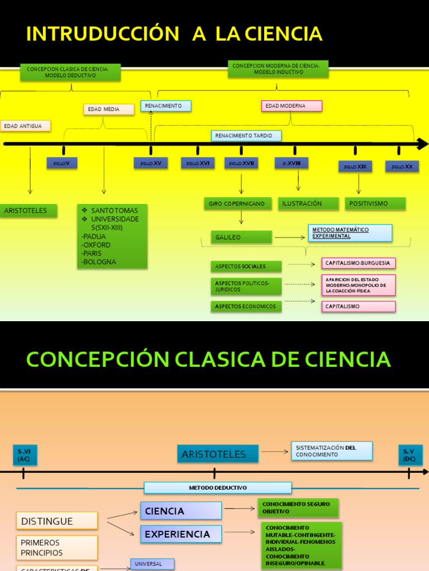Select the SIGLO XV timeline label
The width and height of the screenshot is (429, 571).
150,163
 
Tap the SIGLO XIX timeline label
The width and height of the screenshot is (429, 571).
355,166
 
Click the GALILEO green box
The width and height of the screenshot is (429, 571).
241,237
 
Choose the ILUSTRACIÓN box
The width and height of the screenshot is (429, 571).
308,204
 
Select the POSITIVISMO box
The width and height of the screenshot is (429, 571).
375,204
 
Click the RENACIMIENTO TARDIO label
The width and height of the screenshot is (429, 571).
246,136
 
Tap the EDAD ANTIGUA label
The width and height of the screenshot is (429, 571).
25,126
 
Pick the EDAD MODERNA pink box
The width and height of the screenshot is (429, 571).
292,106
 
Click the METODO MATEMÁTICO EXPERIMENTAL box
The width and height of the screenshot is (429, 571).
350,233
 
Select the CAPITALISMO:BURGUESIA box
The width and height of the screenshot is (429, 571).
358,263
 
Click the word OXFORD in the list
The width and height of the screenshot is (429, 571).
96,245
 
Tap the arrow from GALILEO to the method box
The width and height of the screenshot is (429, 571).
289,238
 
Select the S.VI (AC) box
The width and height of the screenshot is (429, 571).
25,455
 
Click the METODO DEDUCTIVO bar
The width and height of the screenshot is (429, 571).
217,488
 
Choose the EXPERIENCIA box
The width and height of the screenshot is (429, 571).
180,534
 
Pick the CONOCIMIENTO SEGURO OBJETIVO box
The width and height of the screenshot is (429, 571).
297,507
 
